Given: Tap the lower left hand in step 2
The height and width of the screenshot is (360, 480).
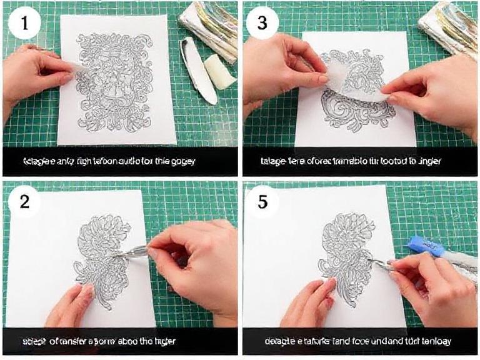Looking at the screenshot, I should (69, 306).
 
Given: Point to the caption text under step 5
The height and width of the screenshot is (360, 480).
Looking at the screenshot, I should (357, 341).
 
